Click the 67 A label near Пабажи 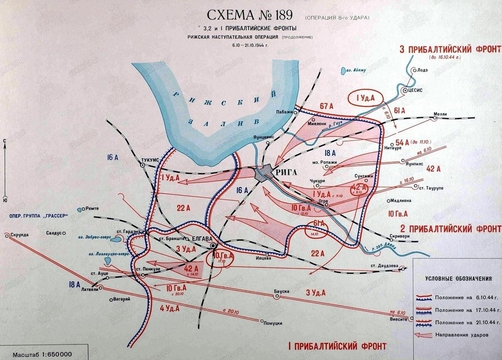(326, 106)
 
